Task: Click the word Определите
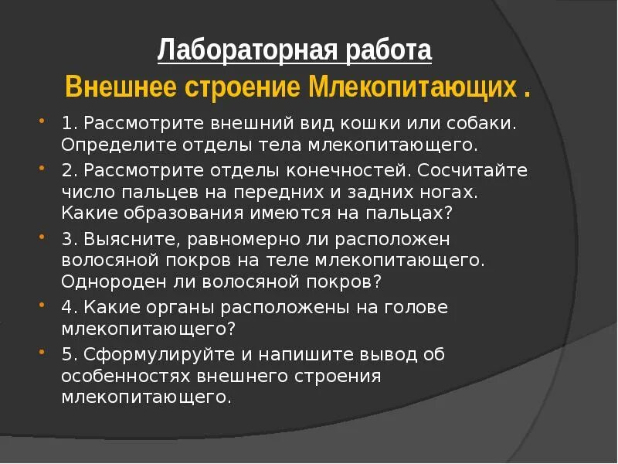coord(104,144)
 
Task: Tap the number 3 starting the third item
coord(66,239)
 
